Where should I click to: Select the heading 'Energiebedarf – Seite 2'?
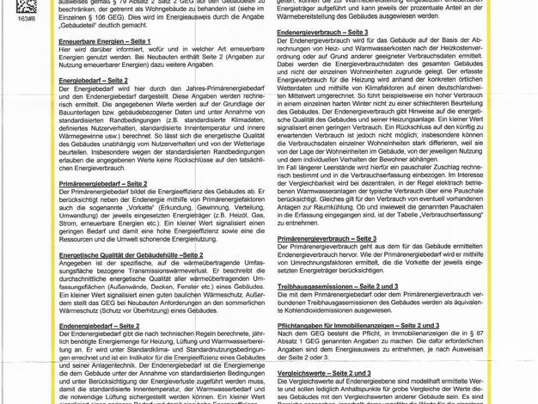coord(93,80)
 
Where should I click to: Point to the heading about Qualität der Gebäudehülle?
coord(131,255)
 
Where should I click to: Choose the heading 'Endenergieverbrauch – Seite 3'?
coord(322,32)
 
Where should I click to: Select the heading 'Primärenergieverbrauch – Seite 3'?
coord(327,238)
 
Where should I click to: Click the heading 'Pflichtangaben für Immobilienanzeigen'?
coord(358,327)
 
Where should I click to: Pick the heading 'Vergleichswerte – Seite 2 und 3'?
coord(324,374)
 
